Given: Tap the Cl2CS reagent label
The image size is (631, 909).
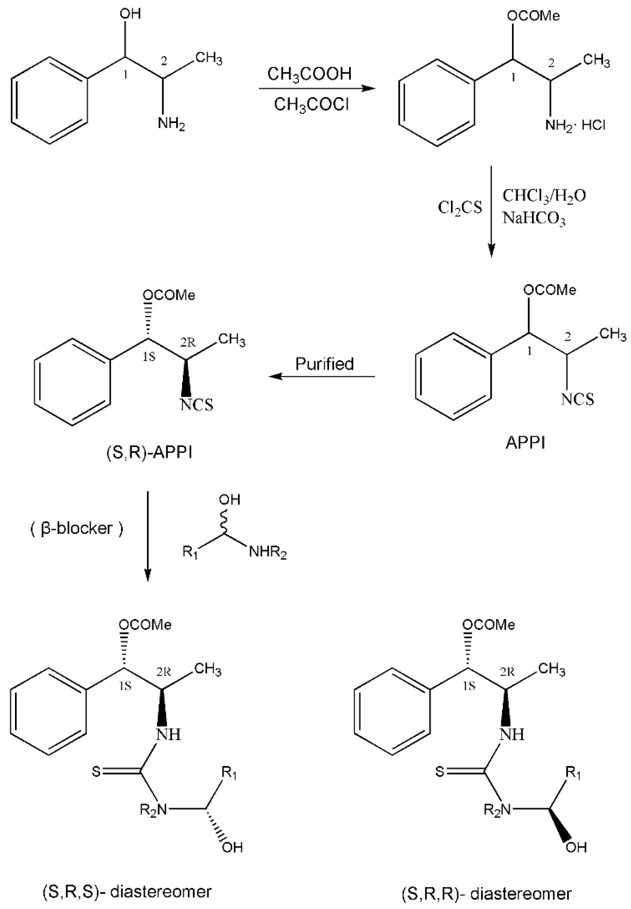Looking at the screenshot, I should (x=460, y=207).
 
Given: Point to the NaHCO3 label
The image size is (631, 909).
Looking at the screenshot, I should (x=534, y=218).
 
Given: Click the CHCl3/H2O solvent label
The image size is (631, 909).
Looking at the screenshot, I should (x=544, y=195).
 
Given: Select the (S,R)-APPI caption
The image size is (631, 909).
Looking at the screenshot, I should (x=149, y=453).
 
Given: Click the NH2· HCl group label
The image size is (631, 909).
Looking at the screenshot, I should (x=575, y=126).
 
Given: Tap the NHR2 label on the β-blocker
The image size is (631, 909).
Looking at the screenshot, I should (x=268, y=553).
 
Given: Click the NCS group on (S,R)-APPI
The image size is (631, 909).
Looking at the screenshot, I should (x=196, y=405).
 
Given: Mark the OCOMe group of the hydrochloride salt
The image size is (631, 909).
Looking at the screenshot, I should (x=533, y=16).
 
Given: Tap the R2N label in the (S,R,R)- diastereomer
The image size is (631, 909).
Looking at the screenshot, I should (x=497, y=810).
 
